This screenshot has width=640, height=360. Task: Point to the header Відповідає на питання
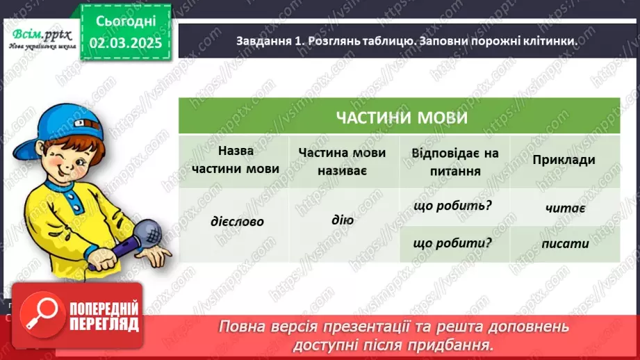coord(454,161)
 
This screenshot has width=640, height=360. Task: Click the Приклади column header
coord(564,160)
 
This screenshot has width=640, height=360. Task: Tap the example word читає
coord(564,207)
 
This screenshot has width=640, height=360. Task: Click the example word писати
coord(565,243)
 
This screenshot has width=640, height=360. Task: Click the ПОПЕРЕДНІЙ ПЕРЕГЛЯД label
coord(105,317)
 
